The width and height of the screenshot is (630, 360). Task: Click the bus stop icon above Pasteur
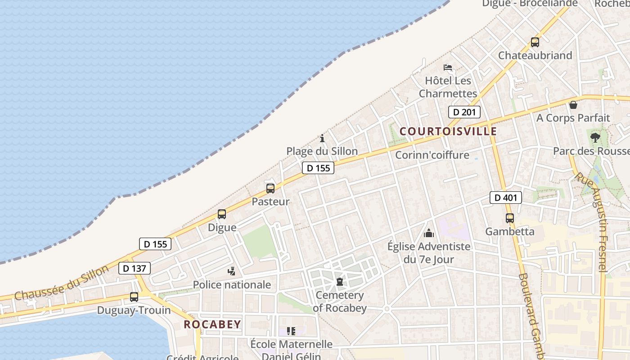270,189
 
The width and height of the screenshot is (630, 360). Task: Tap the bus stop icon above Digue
222,214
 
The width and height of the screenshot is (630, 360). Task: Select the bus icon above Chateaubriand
535,42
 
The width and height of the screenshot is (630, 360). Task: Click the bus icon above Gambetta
510,218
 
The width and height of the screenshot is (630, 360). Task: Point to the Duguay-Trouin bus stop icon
134,297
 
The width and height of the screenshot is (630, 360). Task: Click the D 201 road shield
464,112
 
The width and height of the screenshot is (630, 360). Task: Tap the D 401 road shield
506,197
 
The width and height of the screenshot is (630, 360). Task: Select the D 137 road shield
135,268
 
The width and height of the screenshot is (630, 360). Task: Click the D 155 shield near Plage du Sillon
319,168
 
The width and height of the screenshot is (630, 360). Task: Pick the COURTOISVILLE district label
448,131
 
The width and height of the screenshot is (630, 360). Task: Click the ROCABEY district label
212,324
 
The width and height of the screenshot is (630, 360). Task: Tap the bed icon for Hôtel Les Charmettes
448,68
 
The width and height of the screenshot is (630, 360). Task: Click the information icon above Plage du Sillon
322,138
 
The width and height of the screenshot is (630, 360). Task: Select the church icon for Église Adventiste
429,233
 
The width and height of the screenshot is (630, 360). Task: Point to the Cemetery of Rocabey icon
340,282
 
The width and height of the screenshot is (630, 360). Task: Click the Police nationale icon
232,271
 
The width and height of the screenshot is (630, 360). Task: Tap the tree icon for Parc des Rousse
595,137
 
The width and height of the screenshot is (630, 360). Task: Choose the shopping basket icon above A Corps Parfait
573,105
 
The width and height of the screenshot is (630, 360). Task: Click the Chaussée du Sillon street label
61,283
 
